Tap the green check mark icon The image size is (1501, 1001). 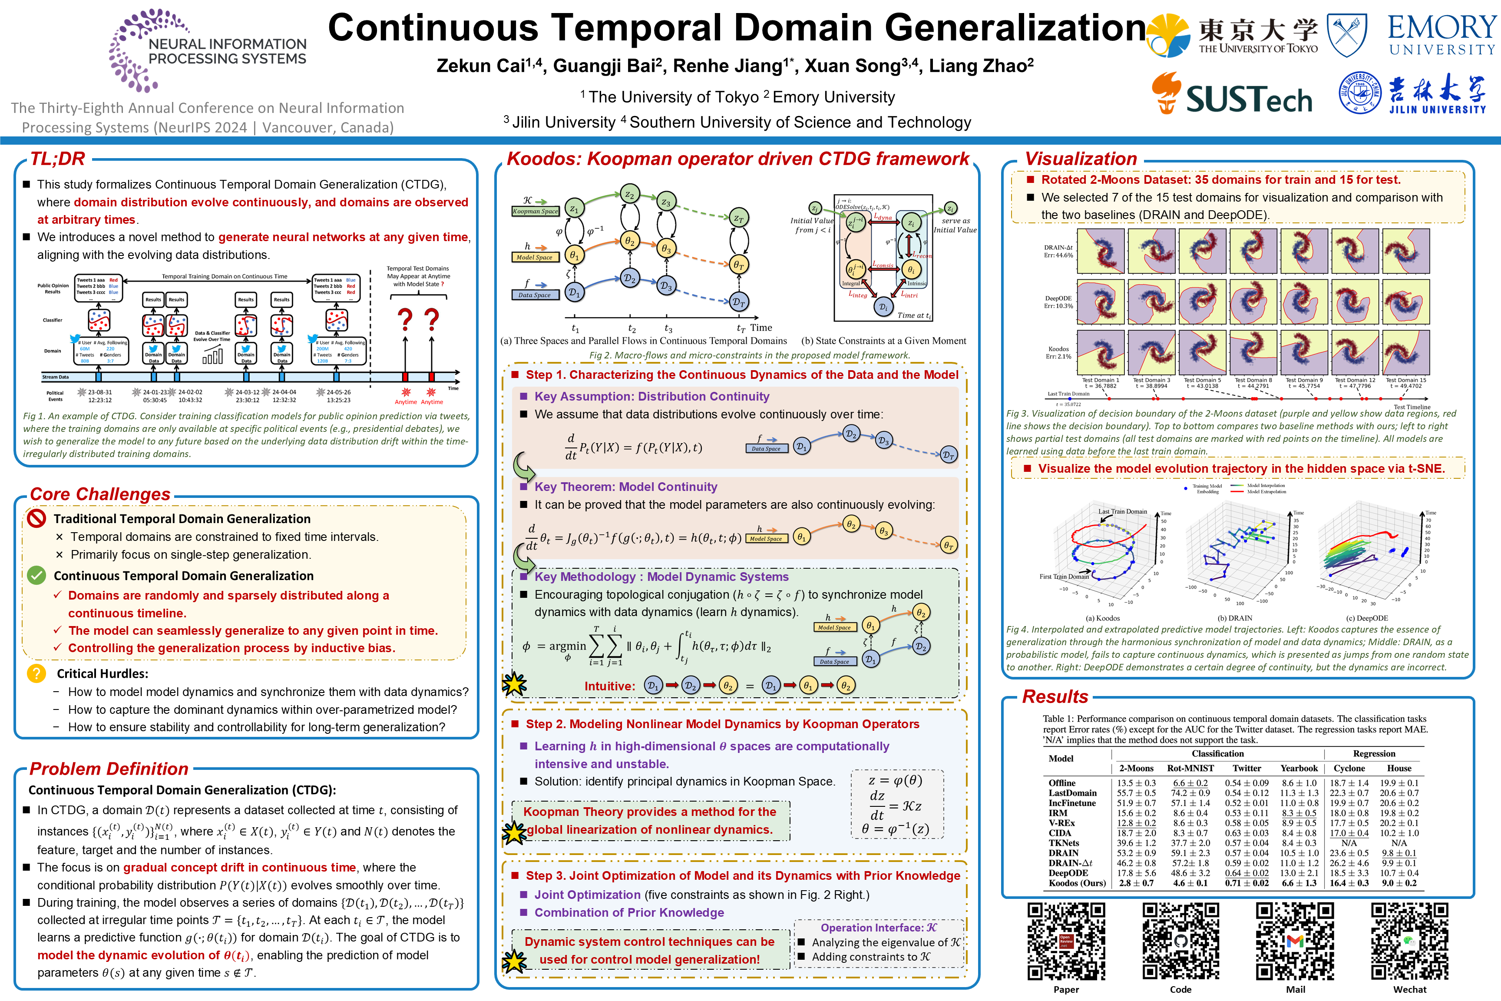coord(36,575)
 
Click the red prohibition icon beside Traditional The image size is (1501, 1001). coord(37,518)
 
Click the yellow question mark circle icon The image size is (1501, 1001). coord(36,673)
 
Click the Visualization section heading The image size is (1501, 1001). coord(1081,159)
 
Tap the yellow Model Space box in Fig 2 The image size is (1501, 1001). coord(534,257)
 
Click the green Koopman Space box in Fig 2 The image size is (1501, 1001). coord(536,211)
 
